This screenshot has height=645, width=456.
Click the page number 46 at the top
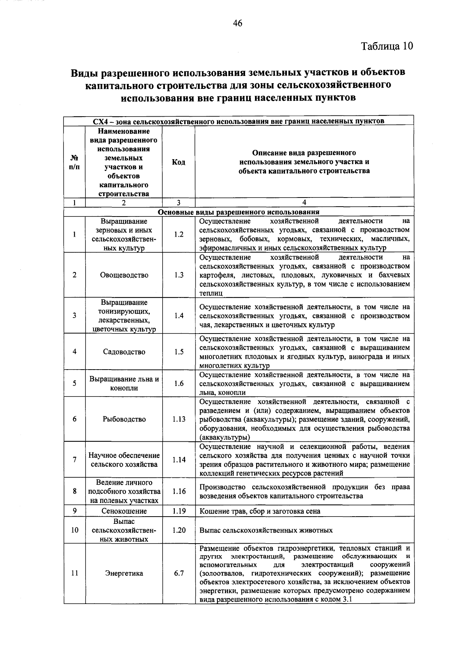(x=237, y=24)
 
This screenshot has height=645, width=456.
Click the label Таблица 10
(x=387, y=46)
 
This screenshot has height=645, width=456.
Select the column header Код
(x=179, y=162)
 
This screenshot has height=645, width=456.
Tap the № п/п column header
(x=74, y=162)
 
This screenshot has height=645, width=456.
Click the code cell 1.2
(x=179, y=234)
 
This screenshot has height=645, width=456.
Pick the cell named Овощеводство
(x=124, y=275)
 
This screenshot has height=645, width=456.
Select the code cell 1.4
(x=179, y=315)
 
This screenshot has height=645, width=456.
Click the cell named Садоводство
(x=124, y=352)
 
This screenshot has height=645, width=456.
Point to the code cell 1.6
(x=179, y=383)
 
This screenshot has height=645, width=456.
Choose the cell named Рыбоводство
(x=124, y=419)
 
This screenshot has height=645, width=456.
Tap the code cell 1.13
(x=179, y=419)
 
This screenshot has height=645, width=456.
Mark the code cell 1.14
(x=179, y=460)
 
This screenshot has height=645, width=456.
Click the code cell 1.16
(x=179, y=491)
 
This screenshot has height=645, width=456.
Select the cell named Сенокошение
(x=124, y=511)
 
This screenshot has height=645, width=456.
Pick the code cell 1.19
(x=179, y=511)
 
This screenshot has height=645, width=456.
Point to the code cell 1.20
(x=179, y=530)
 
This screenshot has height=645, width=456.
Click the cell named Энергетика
(x=124, y=573)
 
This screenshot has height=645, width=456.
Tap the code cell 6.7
(x=179, y=573)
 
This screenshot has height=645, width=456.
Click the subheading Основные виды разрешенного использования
(x=239, y=212)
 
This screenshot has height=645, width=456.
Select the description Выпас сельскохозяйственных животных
(x=266, y=530)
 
